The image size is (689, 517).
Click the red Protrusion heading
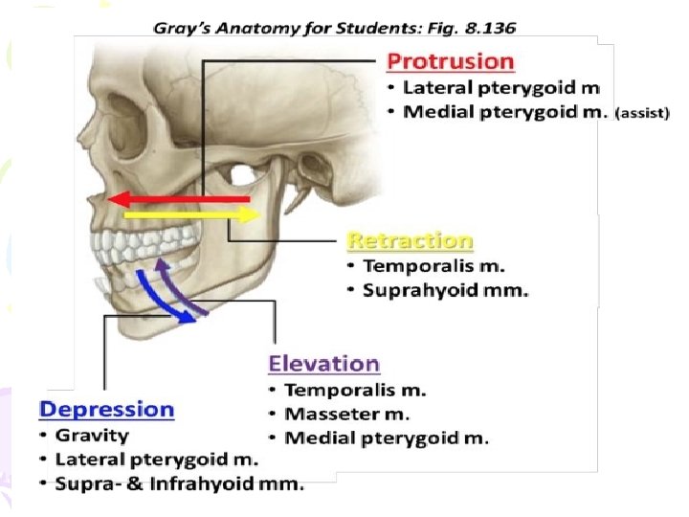coord(450,62)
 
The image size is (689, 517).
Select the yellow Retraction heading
coord(410,239)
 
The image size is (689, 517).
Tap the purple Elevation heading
coord(323,364)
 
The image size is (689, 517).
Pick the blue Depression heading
coord(106,410)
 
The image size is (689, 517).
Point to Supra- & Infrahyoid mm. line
coord(179,484)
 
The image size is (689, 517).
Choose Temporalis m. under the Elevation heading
coord(355,390)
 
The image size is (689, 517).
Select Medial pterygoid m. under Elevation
coord(387,438)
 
